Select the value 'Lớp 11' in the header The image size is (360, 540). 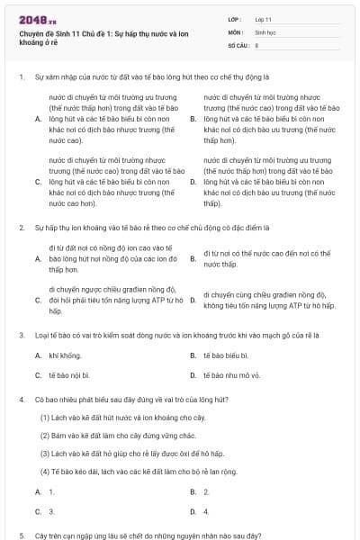coord(264,19)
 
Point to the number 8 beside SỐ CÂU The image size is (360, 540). coord(256,44)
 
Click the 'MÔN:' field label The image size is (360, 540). coord(235,31)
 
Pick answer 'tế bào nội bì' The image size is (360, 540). coord(71,374)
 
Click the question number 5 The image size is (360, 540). coord(20,535)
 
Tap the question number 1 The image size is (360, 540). coord(20,77)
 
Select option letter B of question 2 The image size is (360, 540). coord(193,259)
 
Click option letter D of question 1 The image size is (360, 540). coord(193,182)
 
